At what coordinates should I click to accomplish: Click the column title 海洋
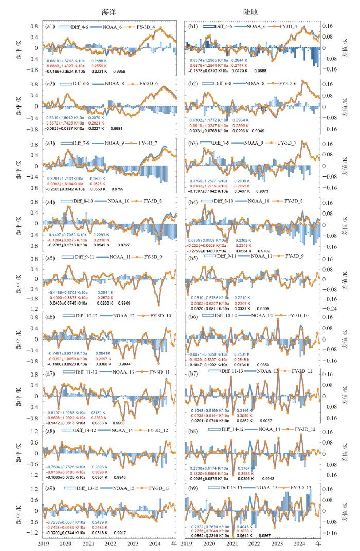[107, 11]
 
